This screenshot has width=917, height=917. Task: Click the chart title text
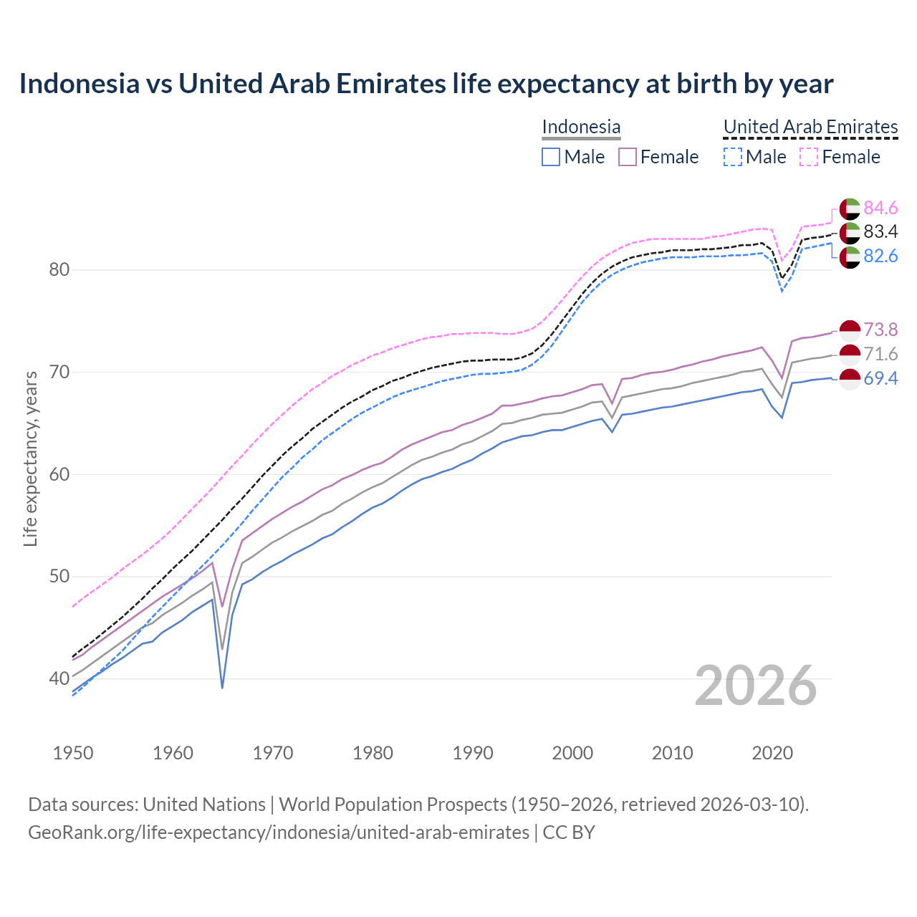[x=426, y=84]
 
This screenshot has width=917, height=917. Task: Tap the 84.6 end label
[x=880, y=208]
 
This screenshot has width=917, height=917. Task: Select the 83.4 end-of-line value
[x=880, y=231]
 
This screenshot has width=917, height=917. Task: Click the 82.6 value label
[x=880, y=256]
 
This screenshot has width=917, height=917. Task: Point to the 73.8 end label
[x=880, y=330]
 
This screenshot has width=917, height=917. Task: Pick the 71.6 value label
[x=880, y=354]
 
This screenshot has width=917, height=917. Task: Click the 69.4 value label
[x=880, y=378]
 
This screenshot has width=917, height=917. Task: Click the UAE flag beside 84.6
[x=850, y=208]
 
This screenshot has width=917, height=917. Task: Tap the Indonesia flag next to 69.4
[x=850, y=379]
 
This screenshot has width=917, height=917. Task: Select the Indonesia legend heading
[x=581, y=127]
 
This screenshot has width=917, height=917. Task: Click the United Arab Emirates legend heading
[x=810, y=127]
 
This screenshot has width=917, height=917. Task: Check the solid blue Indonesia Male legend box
[x=550, y=157]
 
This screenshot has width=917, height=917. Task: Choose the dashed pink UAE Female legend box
[x=808, y=157]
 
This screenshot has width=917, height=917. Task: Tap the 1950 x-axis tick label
[x=73, y=753]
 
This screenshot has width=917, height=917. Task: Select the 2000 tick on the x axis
[x=572, y=753]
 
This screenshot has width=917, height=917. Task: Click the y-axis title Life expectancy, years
[x=30, y=458]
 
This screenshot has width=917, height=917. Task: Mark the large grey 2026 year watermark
[x=756, y=686]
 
